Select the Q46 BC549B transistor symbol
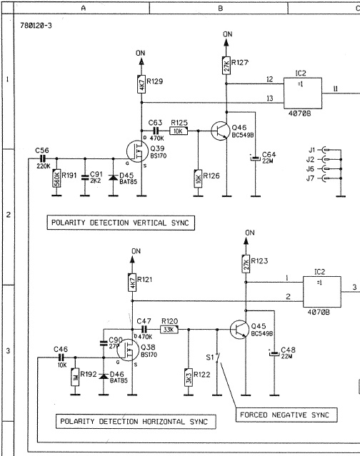click(220, 131)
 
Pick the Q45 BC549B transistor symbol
click(239, 330)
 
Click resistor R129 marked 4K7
click(141, 84)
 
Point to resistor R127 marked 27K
click(226, 66)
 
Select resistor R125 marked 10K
click(179, 131)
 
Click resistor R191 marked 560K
click(56, 178)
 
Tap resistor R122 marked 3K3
click(189, 378)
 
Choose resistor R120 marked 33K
click(169, 330)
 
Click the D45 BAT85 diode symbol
click(113, 177)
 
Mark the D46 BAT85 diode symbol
click(104, 376)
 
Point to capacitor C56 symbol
click(43, 159)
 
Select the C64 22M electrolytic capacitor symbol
click(255, 158)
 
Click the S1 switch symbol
click(217, 358)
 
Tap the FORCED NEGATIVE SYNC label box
click(286, 415)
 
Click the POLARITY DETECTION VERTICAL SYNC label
click(121, 223)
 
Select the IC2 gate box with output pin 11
click(303, 93)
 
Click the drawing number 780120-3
click(36, 26)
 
